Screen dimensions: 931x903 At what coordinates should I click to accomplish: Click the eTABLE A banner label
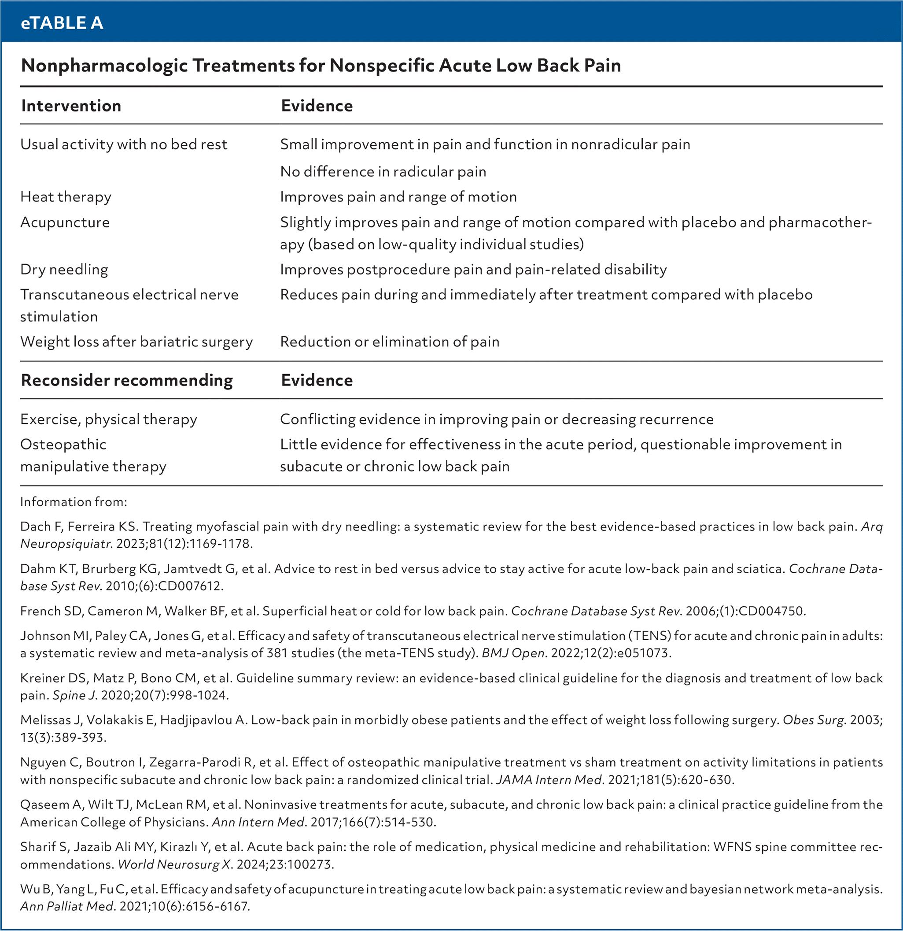pyautogui.click(x=62, y=23)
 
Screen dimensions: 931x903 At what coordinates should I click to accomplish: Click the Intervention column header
pyautogui.click(x=71, y=105)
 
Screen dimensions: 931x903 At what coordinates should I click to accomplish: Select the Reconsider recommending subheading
pyautogui.click(x=127, y=380)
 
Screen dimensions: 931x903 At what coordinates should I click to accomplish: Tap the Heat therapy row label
pyautogui.click(x=66, y=197)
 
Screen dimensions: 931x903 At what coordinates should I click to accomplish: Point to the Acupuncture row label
pyautogui.click(x=65, y=223)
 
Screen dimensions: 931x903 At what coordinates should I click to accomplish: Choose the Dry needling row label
pyautogui.click(x=64, y=269)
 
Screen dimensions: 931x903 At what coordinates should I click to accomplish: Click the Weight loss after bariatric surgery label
pyautogui.click(x=136, y=341)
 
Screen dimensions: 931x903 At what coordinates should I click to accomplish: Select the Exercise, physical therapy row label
pyautogui.click(x=108, y=419)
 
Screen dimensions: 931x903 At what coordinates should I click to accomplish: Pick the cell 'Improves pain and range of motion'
pyautogui.click(x=398, y=197)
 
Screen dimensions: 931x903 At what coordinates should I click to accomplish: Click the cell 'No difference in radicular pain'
pyautogui.click(x=383, y=171)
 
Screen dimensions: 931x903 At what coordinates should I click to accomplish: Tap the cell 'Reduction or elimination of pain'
pyautogui.click(x=389, y=341)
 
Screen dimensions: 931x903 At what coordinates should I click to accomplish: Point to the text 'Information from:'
pyautogui.click(x=74, y=501)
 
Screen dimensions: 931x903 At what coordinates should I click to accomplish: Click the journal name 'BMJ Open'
pyautogui.click(x=513, y=653)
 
